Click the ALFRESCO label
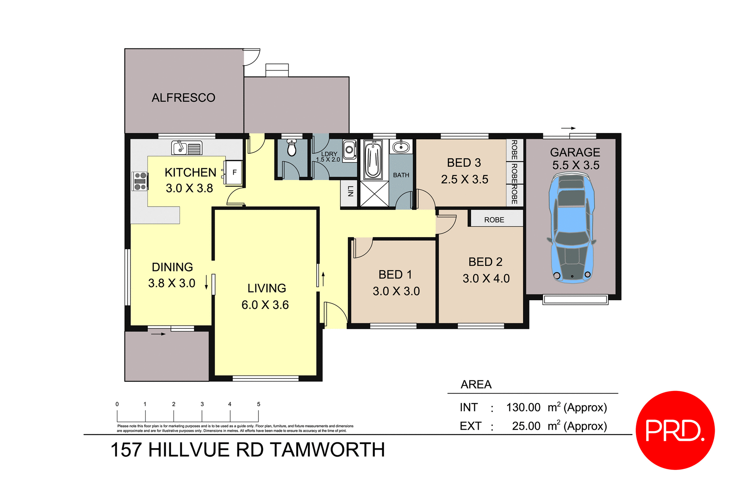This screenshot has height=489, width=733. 183,98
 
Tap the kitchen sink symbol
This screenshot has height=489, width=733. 187,148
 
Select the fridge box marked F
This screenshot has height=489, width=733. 234,172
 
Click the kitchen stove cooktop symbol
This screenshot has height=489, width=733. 140,181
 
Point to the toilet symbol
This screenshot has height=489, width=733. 292,148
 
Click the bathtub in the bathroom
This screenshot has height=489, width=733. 373,160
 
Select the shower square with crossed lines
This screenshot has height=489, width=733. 374,194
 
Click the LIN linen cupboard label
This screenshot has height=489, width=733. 350,191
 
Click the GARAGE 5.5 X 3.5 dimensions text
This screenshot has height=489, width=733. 576,165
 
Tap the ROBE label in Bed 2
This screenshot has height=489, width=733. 494,220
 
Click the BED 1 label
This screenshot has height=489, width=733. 395,274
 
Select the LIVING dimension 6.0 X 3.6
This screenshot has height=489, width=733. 265,305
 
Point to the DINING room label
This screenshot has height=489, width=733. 172,267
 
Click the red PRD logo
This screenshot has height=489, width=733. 675,430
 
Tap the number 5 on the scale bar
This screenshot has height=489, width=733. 258,404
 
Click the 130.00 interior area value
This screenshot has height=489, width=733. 523,407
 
